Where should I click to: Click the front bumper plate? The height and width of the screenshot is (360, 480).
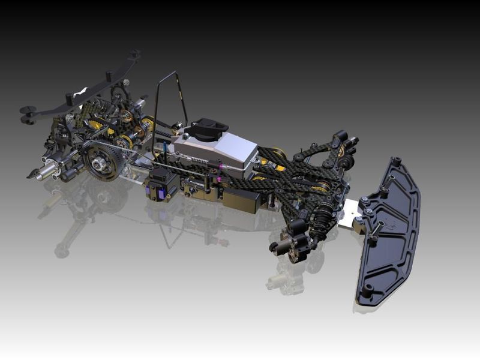coord(390,234)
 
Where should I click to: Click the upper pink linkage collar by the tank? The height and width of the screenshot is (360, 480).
coord(220,165)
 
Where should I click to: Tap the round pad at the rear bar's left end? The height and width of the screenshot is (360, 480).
coord(27,111)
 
